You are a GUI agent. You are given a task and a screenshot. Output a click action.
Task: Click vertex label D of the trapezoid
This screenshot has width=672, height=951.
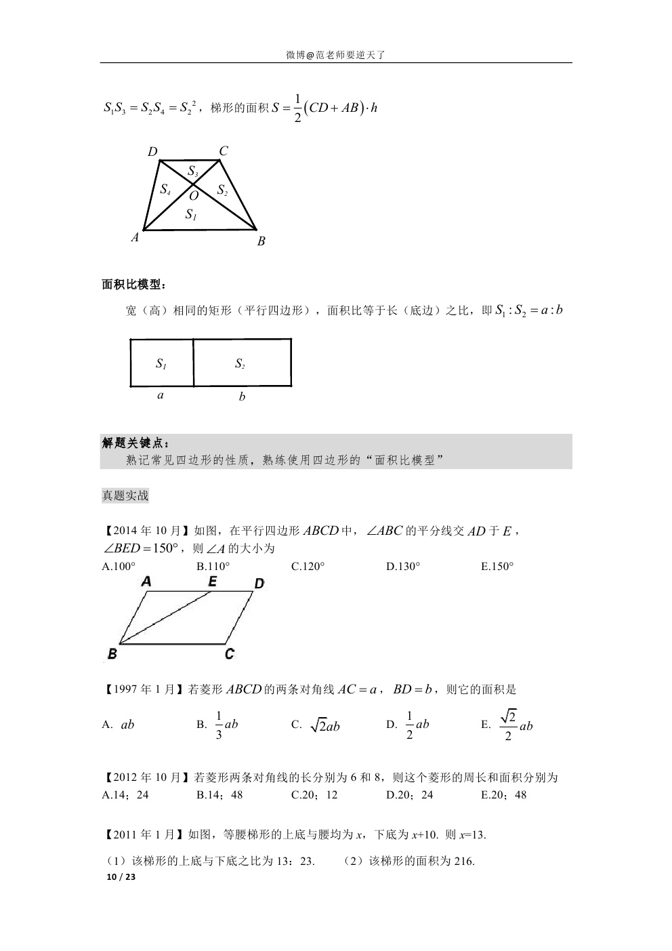[x=152, y=152]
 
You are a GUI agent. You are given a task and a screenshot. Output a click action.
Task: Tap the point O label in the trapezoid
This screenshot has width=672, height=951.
[x=194, y=196]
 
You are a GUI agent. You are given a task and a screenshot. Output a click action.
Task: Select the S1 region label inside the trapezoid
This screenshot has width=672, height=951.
[x=190, y=215]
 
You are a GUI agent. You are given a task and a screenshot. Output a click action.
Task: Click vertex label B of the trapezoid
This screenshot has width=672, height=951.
[x=261, y=241]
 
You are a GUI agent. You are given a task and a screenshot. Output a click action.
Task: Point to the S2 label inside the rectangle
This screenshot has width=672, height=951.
[x=240, y=364]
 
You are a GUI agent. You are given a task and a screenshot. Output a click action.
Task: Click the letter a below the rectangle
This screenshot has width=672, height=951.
[x=161, y=394]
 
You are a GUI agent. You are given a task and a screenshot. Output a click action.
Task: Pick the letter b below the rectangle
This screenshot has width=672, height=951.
[x=242, y=397]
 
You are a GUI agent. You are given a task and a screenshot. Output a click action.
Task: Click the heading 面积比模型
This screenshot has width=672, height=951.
[x=133, y=285]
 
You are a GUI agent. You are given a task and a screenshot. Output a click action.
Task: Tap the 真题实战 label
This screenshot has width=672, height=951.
[x=125, y=495]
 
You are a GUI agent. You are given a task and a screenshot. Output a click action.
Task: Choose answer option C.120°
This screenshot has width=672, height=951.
[x=308, y=567]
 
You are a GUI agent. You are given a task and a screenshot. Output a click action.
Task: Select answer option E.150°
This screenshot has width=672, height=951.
[x=498, y=567]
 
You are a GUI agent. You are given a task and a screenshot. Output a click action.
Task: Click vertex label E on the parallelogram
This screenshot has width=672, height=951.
[x=212, y=582]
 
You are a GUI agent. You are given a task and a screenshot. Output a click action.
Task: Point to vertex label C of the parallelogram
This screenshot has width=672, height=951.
[x=230, y=654]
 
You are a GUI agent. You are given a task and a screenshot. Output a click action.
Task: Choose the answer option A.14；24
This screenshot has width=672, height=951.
[x=125, y=795]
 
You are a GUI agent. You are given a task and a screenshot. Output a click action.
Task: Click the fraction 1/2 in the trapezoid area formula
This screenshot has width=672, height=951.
[x=298, y=108]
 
